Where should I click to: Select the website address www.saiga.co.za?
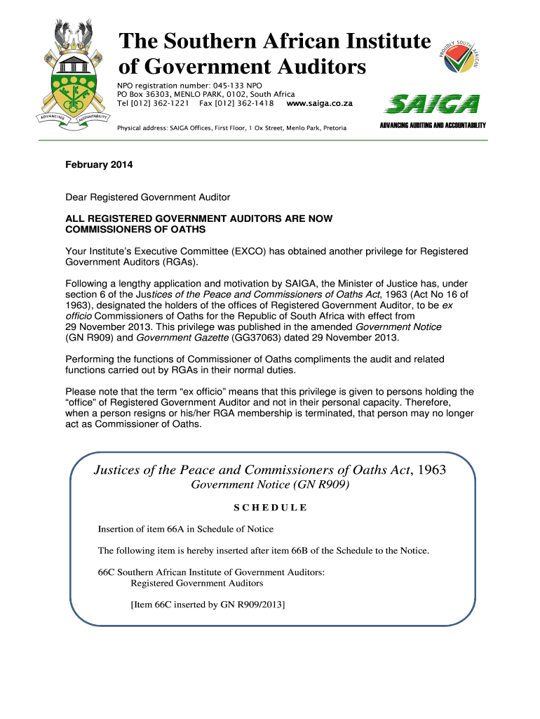[319, 103]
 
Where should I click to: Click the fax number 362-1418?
[255, 103]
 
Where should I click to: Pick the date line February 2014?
[99, 165]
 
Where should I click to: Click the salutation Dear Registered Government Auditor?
[147, 198]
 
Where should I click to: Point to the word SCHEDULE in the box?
[270, 508]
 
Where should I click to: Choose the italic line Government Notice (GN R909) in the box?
[270, 485]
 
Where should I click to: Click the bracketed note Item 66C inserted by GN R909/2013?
[208, 604]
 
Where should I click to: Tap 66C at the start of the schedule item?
[105, 572]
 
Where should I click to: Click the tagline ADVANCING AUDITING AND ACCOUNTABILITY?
[433, 125]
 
